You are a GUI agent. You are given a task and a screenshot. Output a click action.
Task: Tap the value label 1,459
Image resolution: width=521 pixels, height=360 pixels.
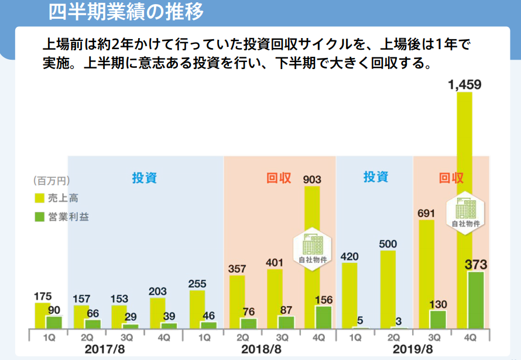click(464, 85)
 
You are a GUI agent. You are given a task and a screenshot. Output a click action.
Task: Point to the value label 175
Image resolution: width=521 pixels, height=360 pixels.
click(43, 296)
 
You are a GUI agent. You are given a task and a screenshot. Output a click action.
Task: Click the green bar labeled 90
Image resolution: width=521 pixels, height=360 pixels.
click(54, 322)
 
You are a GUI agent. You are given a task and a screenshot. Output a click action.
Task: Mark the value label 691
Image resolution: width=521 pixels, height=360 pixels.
click(426, 214)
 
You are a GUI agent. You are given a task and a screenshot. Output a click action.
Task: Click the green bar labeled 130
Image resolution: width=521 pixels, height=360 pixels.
click(437, 319)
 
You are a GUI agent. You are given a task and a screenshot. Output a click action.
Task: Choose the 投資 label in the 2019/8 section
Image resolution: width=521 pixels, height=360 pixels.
click(375, 176)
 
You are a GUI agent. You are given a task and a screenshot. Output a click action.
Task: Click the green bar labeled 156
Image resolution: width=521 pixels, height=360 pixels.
click(323, 317)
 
